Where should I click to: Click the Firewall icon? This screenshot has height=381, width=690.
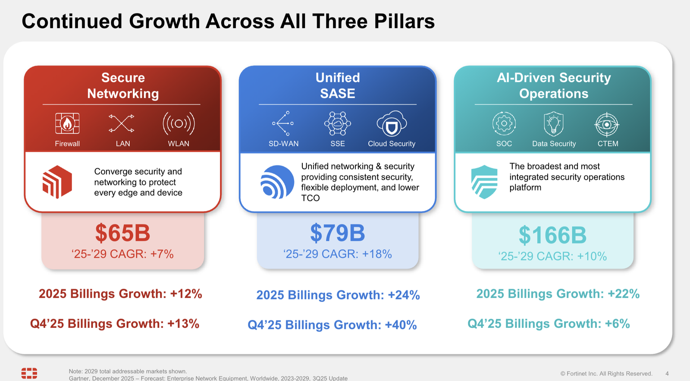pos(67,124)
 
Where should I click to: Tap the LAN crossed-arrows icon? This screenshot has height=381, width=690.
pos(122,124)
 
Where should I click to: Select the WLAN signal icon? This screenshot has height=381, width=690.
pos(179,124)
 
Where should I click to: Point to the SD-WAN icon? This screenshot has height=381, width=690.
pos(283,123)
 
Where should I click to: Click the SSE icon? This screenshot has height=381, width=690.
pos(338,124)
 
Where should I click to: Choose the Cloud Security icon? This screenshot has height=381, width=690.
pos(392,124)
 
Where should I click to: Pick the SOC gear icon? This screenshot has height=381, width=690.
pos(504,124)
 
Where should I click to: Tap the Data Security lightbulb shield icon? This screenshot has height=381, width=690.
pos(554,124)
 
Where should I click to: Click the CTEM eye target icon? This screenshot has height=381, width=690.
pos(607,124)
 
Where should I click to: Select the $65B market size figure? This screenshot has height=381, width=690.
pos(123,233)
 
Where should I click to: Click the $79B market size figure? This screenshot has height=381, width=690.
pos(338,233)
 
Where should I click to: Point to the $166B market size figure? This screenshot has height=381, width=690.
pos(552,236)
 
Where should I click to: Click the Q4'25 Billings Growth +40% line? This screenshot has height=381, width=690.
pos(332,325)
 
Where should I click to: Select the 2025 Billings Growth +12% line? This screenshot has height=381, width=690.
pos(120,294)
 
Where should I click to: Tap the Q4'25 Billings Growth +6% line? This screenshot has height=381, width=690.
pos(549,324)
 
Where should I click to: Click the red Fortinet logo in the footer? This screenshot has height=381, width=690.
pos(29,373)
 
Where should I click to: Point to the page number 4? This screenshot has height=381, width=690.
pos(667,374)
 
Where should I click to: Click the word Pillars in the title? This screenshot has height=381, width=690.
pos(404,21)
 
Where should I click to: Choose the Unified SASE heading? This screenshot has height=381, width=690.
pos(338,85)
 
